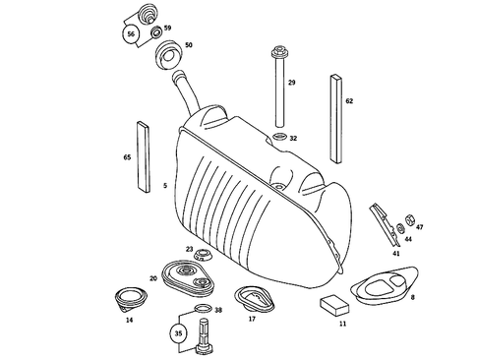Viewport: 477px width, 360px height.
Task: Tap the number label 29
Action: pos(291,83)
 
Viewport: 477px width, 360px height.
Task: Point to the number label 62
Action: pos(348,100)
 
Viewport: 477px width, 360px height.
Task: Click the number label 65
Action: pos(127,157)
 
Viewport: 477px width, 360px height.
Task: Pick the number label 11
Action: pos(342,323)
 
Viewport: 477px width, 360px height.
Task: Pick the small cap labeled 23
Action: pos(203,257)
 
